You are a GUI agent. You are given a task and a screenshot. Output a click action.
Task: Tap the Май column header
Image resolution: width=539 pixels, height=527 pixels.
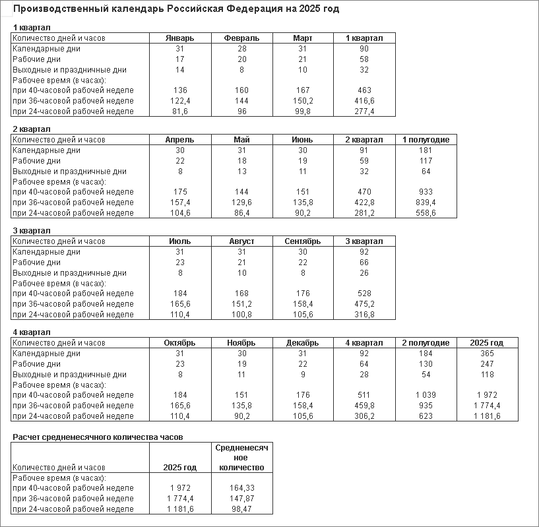(x=241, y=140)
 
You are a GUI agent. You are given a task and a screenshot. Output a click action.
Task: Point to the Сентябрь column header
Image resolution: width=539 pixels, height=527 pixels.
(x=303, y=241)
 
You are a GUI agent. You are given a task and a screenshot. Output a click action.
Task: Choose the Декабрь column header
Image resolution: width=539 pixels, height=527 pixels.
(x=303, y=343)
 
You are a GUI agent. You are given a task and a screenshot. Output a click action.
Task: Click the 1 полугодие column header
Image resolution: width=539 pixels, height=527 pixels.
(x=426, y=140)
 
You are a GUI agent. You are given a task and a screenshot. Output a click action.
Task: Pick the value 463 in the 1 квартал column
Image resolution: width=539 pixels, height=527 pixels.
(x=364, y=90)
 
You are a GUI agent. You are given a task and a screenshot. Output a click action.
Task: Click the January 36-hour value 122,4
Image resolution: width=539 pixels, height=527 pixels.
(x=179, y=101)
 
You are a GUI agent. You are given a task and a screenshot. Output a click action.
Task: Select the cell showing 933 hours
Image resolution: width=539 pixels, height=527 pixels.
(x=426, y=192)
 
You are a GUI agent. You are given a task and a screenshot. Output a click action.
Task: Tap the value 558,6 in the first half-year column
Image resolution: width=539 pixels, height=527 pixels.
(x=426, y=213)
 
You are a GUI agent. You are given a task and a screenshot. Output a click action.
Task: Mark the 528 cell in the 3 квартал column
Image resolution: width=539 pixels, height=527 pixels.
(x=364, y=294)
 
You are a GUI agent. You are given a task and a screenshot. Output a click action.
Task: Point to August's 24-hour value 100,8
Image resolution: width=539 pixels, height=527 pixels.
(x=241, y=315)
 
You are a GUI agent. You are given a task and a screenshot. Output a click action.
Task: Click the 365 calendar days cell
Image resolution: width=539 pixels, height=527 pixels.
(x=487, y=354)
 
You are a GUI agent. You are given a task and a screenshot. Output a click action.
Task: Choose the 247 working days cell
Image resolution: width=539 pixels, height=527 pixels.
(x=487, y=364)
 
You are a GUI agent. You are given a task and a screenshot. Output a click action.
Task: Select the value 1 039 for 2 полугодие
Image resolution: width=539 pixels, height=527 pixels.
(x=426, y=395)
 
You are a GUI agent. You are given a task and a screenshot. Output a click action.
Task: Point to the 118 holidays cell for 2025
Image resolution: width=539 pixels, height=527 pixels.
(x=487, y=375)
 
